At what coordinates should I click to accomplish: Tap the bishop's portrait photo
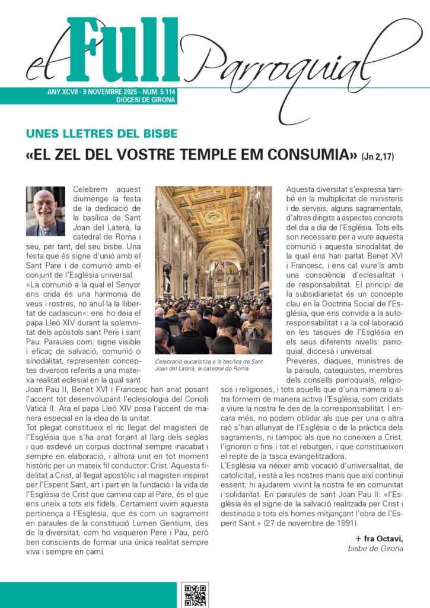(46, 211)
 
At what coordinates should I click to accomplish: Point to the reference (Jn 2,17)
(377, 157)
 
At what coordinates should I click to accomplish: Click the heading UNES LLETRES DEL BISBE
(102, 134)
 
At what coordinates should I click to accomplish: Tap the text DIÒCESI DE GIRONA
(146, 100)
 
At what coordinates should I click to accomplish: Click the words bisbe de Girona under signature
(375, 548)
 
